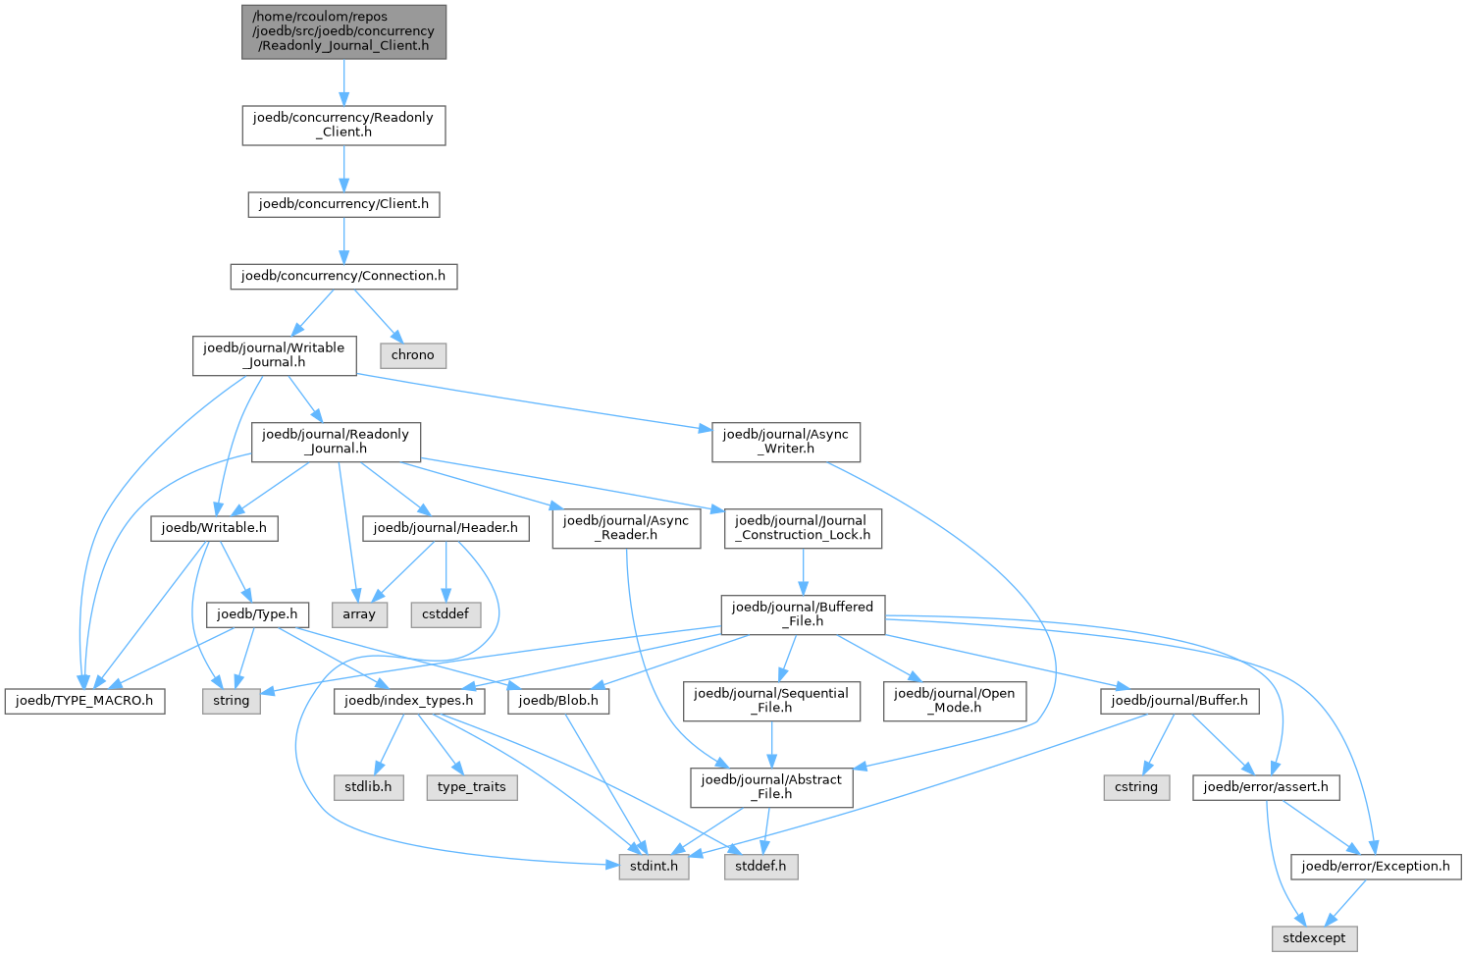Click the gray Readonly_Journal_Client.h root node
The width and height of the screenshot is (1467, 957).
click(343, 31)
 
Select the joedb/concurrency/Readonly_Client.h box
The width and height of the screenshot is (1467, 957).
click(343, 125)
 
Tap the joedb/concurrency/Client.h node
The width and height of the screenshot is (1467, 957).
click(343, 204)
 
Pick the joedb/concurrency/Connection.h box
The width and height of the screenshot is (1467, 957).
click(343, 276)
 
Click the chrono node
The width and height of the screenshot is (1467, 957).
click(412, 355)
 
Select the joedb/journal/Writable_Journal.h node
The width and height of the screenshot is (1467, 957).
click(274, 354)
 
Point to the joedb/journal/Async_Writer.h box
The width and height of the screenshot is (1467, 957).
click(786, 441)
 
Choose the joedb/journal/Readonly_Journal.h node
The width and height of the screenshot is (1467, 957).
click(336, 441)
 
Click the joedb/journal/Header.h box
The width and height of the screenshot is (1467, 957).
click(445, 528)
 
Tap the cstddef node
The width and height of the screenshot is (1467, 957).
click(445, 614)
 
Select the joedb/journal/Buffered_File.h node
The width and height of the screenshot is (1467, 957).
click(803, 613)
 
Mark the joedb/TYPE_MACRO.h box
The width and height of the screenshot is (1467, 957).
click(84, 701)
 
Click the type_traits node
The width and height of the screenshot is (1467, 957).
click(472, 787)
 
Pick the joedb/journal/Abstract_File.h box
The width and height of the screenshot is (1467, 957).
click(771, 786)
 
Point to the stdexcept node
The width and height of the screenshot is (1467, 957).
click(1315, 938)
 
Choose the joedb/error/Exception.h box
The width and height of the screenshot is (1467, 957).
click(1376, 867)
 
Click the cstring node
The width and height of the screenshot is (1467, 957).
click(1136, 787)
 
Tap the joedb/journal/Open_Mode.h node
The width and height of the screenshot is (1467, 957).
click(955, 700)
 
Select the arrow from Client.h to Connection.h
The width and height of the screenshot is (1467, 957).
click(343, 240)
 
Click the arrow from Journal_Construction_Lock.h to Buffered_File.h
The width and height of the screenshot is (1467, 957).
click(804, 571)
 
